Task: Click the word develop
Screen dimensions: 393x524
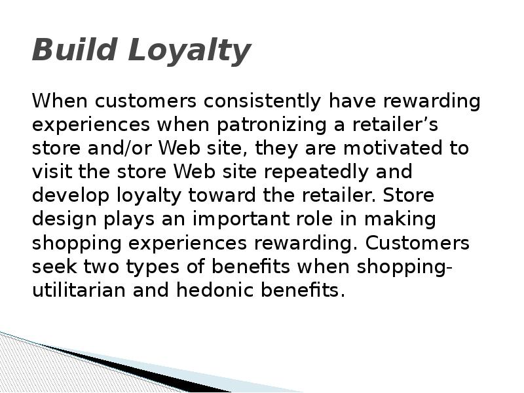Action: (72, 196)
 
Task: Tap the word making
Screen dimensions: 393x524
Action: (403, 219)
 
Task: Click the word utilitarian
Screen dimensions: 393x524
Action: (79, 290)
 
